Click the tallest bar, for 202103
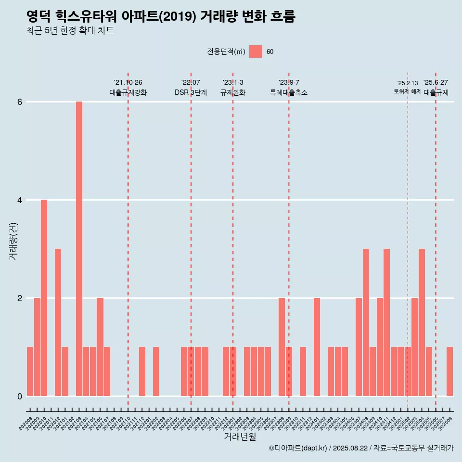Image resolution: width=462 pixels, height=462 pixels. (79, 249)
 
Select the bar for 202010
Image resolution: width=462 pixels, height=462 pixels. (44, 298)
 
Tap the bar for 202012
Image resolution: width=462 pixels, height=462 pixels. (58, 322)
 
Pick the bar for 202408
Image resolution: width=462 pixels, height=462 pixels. (366, 322)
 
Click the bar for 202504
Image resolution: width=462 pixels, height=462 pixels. (422, 322)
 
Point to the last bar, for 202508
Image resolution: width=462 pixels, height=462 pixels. (449, 372)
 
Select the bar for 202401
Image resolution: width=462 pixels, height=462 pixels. (317, 347)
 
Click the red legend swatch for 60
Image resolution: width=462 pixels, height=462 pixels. (256, 51)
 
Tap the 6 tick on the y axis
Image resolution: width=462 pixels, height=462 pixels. (20, 102)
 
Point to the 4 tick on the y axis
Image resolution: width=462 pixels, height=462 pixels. (20, 200)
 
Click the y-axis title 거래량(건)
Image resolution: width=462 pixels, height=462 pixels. (13, 241)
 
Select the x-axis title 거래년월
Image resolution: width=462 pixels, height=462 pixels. (240, 437)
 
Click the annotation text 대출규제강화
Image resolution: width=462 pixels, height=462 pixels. (128, 92)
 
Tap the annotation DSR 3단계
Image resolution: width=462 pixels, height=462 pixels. (191, 92)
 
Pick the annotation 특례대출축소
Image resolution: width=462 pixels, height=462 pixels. (289, 92)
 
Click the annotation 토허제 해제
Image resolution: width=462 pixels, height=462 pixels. (407, 91)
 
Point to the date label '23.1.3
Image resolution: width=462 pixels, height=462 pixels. (233, 83)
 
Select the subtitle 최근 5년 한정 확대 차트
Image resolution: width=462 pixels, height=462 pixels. (70, 31)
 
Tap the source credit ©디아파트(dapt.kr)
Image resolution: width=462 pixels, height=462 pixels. (298, 448)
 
